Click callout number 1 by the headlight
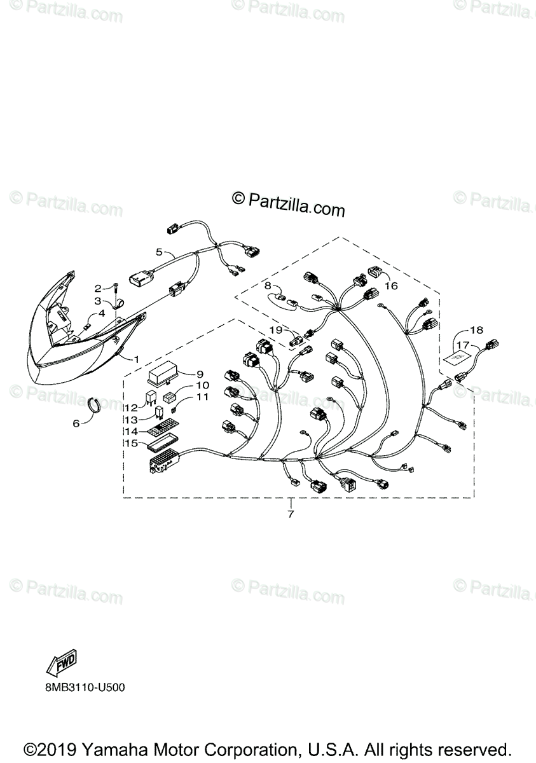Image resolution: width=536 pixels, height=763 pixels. point(136,359)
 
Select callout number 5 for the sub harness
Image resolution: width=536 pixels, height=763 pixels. point(159,252)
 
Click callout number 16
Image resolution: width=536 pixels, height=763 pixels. point(390,286)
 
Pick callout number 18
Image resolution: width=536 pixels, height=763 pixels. point(476,330)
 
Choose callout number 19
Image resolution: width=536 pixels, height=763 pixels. point(275,329)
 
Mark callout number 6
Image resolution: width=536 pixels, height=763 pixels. point(76,423)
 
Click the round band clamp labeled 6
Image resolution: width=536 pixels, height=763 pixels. point(94,404)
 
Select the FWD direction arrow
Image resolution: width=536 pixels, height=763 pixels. point(61,665)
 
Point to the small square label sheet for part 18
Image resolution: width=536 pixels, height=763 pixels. point(457,359)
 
